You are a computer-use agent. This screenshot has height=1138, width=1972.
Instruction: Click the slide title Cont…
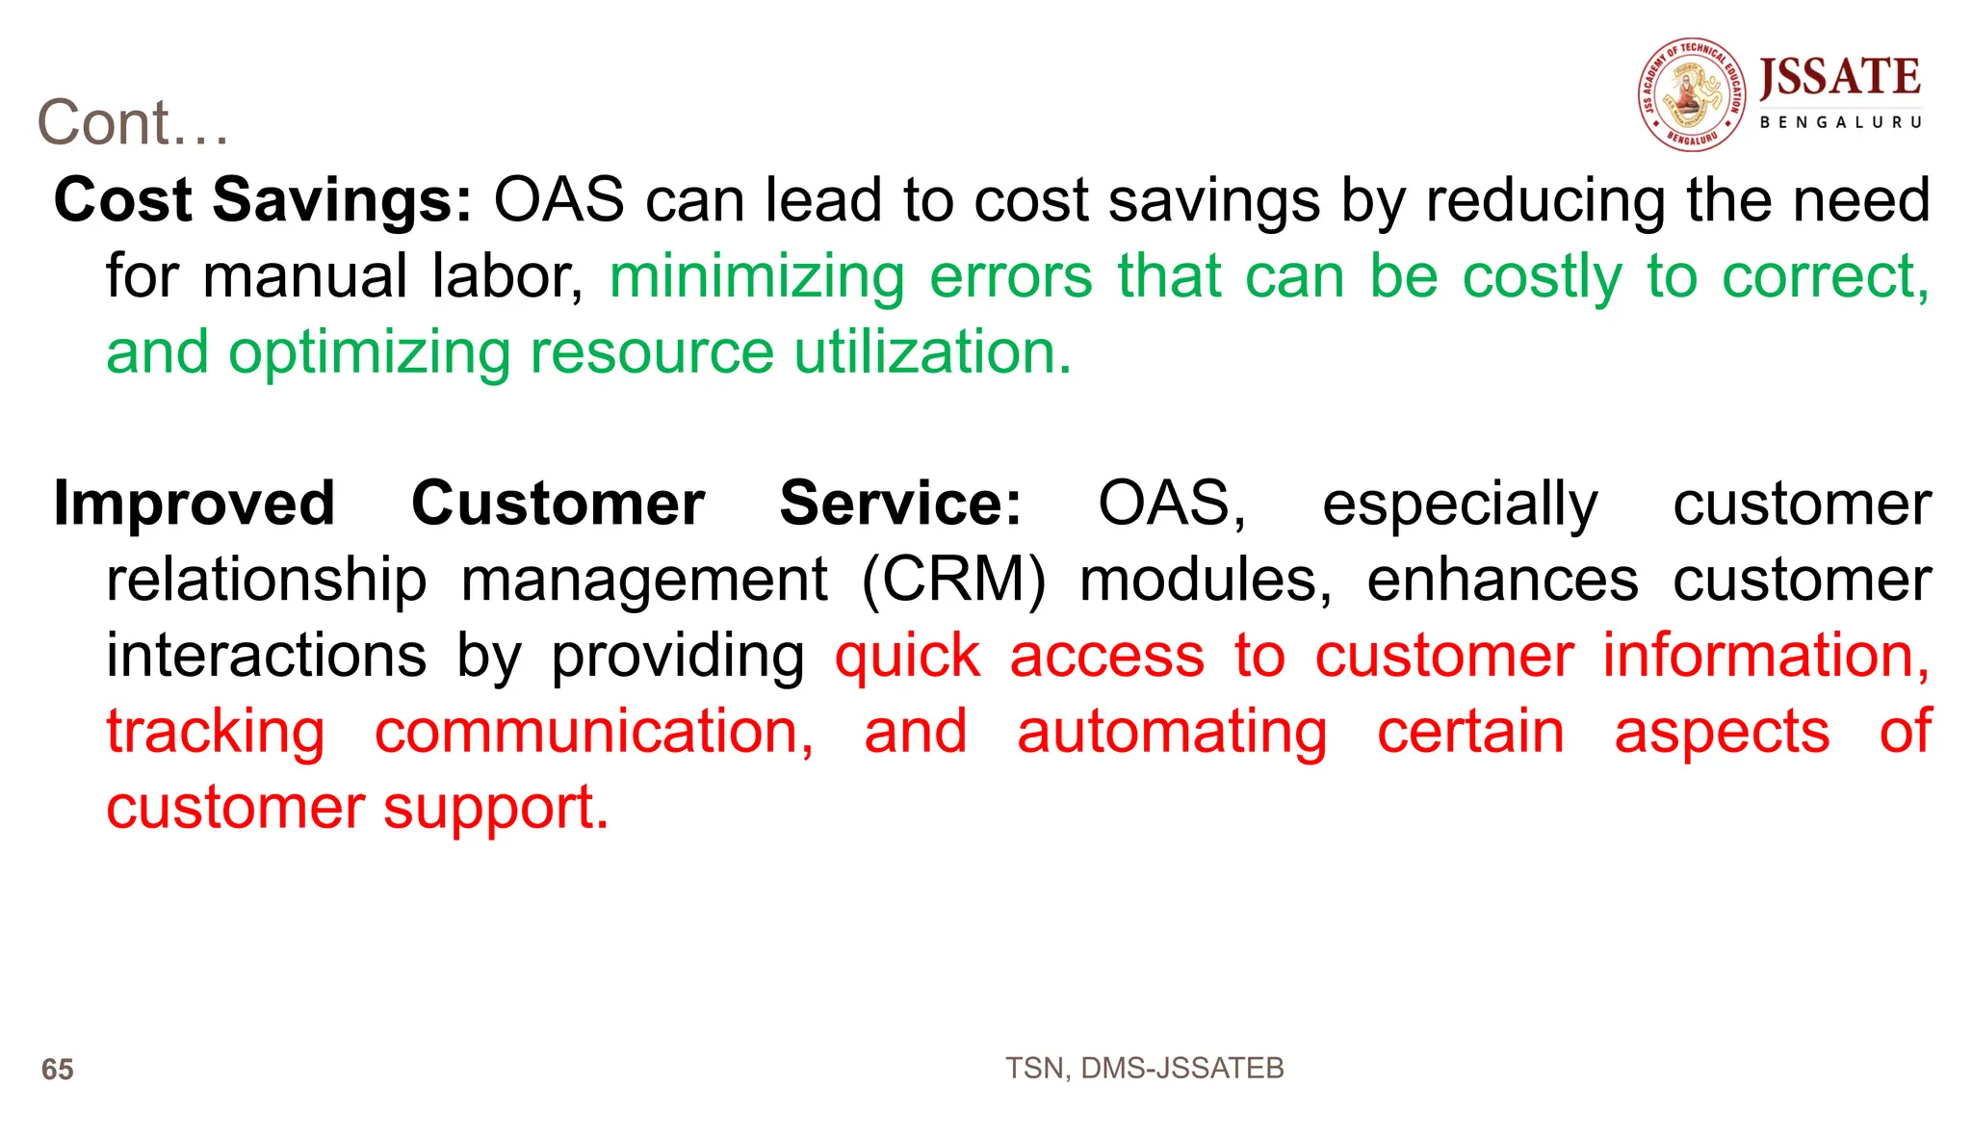(x=133, y=123)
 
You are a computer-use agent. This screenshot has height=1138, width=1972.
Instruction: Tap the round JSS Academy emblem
(x=1692, y=94)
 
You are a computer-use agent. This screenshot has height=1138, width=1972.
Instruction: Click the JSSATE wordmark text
(x=1839, y=77)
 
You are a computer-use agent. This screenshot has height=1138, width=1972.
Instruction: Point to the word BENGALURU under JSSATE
(x=1840, y=122)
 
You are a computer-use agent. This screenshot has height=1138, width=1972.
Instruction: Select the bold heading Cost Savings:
(x=263, y=200)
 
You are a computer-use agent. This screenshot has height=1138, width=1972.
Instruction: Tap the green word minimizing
(x=757, y=277)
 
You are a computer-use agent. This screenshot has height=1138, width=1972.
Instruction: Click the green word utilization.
(x=932, y=352)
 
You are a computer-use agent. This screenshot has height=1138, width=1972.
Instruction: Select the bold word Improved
(x=195, y=504)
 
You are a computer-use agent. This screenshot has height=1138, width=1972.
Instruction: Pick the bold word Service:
(x=900, y=504)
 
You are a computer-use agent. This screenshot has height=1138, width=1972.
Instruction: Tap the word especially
(x=1460, y=504)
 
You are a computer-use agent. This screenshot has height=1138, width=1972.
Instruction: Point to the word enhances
(x=1502, y=580)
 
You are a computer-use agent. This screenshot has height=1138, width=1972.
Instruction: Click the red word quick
(x=907, y=657)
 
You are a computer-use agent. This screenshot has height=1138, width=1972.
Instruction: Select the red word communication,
(x=594, y=732)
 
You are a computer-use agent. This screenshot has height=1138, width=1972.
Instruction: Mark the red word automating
(x=1172, y=732)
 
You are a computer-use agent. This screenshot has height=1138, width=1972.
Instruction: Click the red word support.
(x=496, y=809)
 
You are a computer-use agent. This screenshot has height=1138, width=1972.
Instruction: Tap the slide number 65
(x=58, y=1070)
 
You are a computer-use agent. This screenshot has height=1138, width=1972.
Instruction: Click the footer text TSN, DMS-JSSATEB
(x=1144, y=1068)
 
